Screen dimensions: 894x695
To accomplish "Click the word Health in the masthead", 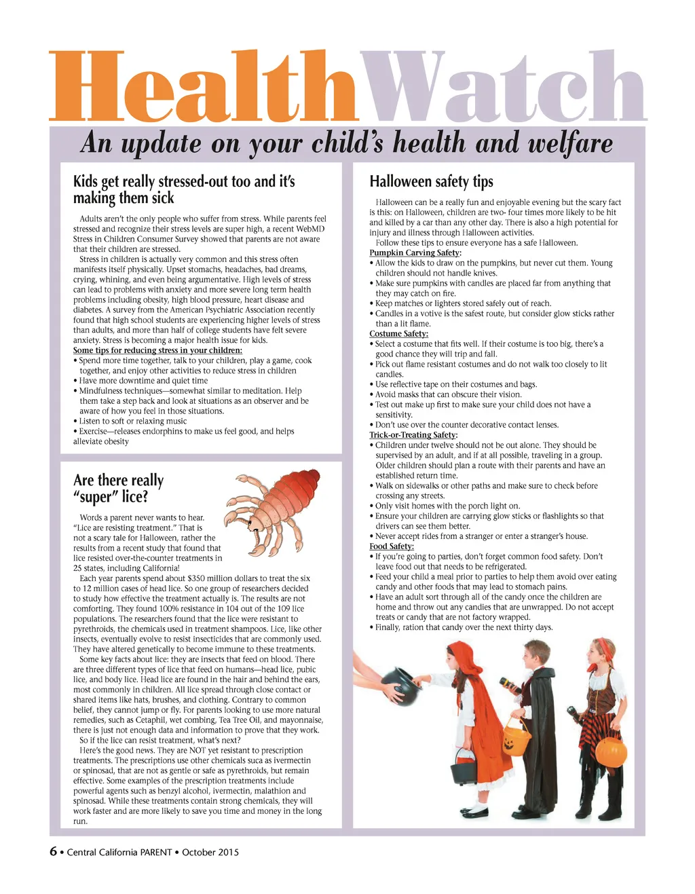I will tap(204, 87).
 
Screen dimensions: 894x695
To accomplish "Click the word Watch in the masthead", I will tap(502, 87).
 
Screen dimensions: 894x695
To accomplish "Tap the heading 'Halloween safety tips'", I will tap(431, 182).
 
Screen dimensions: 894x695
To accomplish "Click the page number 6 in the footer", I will tap(53, 851).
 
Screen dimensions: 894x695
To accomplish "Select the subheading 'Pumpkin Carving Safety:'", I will tap(415, 253).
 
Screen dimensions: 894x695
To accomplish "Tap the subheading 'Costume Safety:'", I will tap(398, 333).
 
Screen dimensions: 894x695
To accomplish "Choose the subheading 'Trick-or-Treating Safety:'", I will tap(413, 434).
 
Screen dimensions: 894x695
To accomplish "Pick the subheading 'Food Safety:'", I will tap(391, 546).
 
